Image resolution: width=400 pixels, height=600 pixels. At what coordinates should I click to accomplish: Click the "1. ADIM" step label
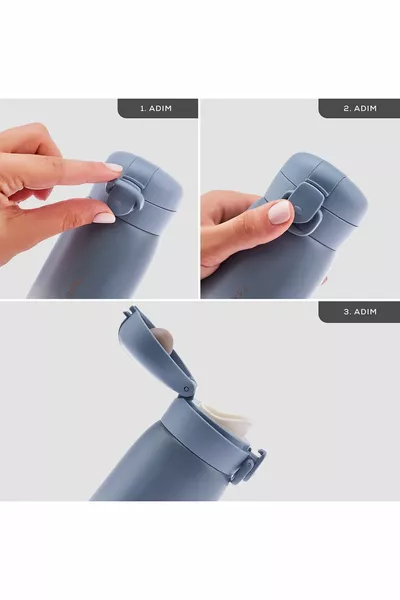157,108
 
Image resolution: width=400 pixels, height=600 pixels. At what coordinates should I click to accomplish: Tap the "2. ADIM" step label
358,108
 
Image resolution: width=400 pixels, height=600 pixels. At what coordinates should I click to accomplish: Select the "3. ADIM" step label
358,311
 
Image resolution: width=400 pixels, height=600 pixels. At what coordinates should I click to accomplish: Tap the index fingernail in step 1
113,167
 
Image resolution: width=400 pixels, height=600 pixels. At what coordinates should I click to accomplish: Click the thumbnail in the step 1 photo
104,217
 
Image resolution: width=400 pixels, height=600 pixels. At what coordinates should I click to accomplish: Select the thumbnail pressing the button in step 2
280,211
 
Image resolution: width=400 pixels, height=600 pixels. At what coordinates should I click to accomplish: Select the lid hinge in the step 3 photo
185,388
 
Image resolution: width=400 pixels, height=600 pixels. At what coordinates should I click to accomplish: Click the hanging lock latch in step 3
248,465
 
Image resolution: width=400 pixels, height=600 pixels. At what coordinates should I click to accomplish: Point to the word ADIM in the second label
367,108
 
